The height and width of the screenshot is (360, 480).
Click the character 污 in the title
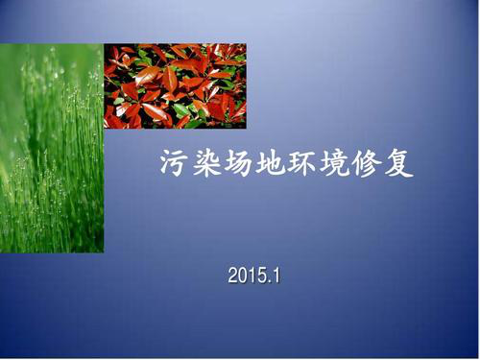pos(174,164)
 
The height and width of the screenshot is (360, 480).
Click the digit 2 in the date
pos(233,276)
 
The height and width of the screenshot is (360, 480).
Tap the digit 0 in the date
pos(243,276)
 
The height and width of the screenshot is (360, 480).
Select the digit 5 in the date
pos(261,276)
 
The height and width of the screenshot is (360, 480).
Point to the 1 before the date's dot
pos(252,276)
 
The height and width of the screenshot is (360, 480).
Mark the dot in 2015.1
pos(269,281)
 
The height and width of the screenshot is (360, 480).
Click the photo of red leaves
pos(175,86)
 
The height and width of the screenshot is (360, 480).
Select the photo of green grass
pos(52,149)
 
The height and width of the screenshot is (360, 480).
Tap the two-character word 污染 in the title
pos(191,164)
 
